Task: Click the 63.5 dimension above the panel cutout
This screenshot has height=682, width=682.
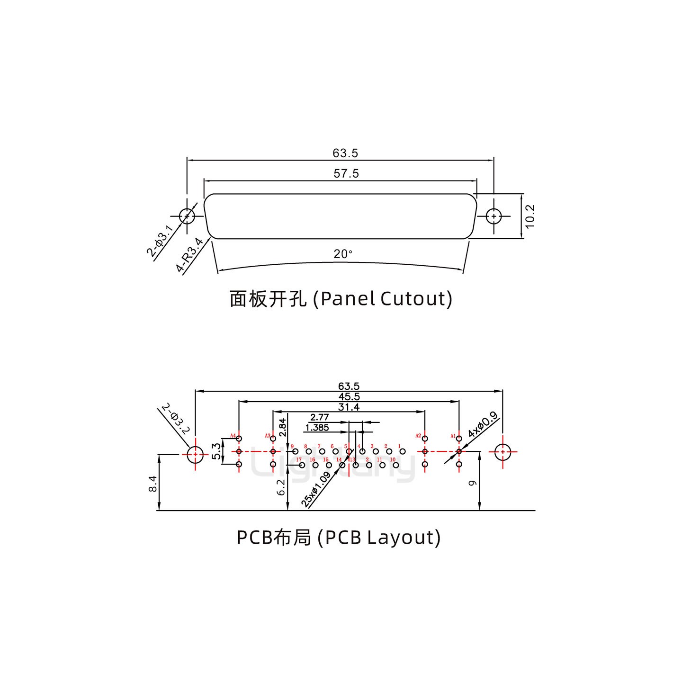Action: [345, 153]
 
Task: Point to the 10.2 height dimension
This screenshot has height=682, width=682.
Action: [530, 216]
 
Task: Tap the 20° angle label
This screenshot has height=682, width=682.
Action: [342, 254]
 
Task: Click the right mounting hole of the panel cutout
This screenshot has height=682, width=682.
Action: [494, 216]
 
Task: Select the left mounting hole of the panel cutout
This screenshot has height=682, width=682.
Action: [187, 216]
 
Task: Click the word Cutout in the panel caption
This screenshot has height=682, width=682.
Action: [416, 299]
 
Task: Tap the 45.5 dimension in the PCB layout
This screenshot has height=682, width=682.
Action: [349, 397]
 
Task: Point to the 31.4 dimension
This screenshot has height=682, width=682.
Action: [349, 407]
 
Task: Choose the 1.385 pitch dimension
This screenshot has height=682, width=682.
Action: [317, 428]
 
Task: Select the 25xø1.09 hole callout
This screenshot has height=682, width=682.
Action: [316, 490]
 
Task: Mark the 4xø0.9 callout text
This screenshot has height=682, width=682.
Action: [483, 425]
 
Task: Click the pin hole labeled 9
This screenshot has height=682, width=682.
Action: [295, 452]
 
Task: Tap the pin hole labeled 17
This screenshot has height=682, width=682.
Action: [302, 465]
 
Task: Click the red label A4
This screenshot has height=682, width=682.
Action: [233, 436]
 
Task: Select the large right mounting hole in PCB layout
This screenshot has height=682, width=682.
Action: [503, 452]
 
